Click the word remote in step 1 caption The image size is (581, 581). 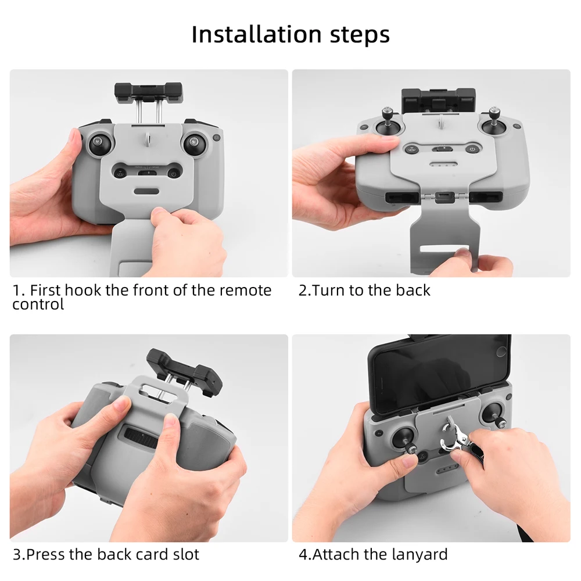click(x=245, y=290)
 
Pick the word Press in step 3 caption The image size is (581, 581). click(x=46, y=554)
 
